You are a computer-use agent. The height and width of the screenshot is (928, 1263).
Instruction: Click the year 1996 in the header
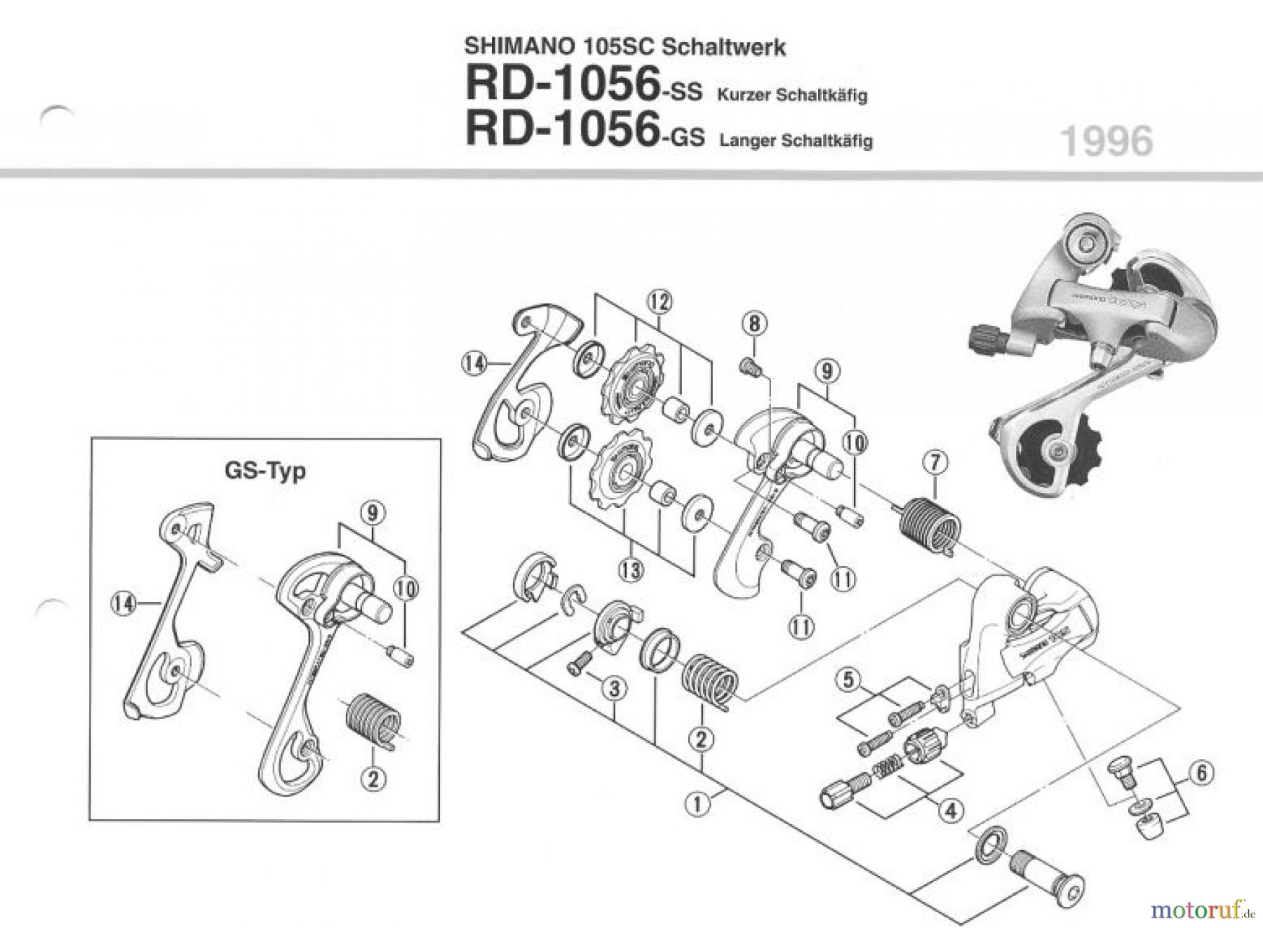[1107, 142]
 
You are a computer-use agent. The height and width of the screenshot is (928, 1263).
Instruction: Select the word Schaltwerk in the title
[723, 47]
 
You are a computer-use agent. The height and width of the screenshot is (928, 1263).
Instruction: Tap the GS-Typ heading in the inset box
[265, 470]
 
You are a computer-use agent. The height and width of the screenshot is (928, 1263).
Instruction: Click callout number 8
[754, 324]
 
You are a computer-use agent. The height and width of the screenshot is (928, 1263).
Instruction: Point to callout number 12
[659, 302]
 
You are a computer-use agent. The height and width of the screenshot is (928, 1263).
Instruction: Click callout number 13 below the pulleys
[631, 570]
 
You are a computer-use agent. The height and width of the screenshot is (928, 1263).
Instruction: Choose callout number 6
[1201, 774]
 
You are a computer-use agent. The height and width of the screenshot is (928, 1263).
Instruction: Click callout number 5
[849, 680]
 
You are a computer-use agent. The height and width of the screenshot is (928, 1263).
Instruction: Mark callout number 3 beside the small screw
[614, 690]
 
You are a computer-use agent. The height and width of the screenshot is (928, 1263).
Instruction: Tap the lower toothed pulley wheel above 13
[622, 471]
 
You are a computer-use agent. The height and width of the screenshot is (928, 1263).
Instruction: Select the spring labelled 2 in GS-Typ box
[373, 722]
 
